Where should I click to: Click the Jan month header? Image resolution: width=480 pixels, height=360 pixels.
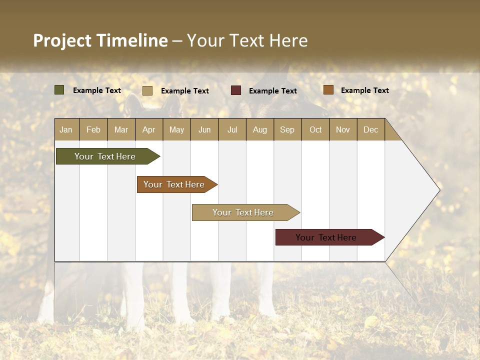click(x=66, y=129)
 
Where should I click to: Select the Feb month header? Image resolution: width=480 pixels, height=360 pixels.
click(x=93, y=129)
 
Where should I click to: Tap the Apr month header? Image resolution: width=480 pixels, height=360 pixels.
click(x=149, y=129)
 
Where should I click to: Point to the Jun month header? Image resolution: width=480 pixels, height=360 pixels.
click(x=204, y=129)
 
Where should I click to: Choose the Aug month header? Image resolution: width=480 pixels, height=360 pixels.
click(x=260, y=129)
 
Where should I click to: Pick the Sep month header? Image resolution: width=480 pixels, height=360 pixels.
click(x=287, y=129)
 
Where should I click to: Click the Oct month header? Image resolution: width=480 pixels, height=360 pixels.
click(x=315, y=129)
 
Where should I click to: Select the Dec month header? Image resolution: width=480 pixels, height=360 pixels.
click(x=371, y=129)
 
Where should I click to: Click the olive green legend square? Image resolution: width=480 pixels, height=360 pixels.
click(x=59, y=90)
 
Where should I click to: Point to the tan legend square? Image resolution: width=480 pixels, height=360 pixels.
click(x=147, y=90)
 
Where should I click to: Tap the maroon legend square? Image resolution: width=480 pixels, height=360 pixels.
click(x=236, y=90)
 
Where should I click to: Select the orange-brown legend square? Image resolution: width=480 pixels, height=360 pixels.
click(x=328, y=90)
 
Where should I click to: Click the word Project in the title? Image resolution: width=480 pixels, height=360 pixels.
click(x=62, y=40)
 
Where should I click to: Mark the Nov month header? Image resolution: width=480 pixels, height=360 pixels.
click(x=343, y=129)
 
